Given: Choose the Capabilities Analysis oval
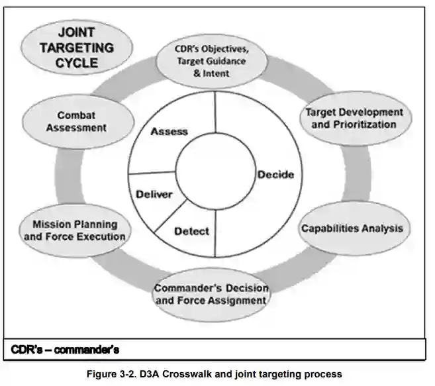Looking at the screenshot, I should tap(352, 228).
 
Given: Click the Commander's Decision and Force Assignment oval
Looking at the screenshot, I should tap(211, 294).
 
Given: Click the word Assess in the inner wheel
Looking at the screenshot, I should tap(169, 131).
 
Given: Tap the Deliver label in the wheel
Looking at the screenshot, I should tap(154, 195).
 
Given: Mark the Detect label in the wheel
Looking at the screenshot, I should tap(191, 231).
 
